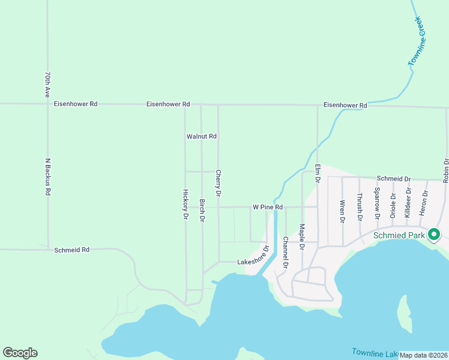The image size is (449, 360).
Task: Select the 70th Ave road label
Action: pos(47,85)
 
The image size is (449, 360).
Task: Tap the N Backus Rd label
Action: pos(47,177)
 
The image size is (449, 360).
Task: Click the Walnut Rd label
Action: pos(201,137)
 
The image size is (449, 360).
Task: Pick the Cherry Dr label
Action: pos(218,183)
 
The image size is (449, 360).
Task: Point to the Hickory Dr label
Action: pos(185,205)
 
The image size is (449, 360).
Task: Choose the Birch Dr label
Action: pos(202,211)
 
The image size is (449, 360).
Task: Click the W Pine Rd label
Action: pos(267,208)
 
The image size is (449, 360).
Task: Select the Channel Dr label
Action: pos(285,252)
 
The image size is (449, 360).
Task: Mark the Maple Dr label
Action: pos(302,238)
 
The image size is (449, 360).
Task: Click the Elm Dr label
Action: pos(318,172)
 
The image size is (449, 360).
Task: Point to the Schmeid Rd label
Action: pos(71,250)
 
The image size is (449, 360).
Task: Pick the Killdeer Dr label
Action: pos(408,202)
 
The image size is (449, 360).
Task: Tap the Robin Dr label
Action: pos(446,170)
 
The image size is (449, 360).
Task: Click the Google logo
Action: pos(20,353)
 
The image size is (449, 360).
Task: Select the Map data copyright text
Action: pos(423,355)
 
